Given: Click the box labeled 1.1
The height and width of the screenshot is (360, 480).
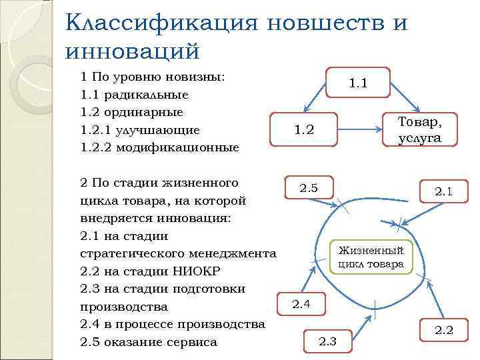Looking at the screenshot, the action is point(358,83).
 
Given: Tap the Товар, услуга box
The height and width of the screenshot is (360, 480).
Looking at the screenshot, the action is point(419,129).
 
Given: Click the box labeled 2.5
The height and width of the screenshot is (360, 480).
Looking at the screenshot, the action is point(309,189).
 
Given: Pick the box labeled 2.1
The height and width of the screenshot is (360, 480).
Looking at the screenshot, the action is point(443,192).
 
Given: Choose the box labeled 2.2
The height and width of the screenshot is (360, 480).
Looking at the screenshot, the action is point(443,329).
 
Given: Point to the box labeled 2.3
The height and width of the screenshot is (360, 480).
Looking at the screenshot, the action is point(328,342).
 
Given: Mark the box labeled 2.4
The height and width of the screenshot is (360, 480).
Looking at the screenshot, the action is point(301,305).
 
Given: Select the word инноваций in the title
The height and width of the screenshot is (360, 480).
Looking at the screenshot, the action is point(133,51).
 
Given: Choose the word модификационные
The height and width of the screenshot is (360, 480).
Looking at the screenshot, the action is point(177,147).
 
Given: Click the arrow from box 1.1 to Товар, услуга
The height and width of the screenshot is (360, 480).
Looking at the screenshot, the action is point(405,92).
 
